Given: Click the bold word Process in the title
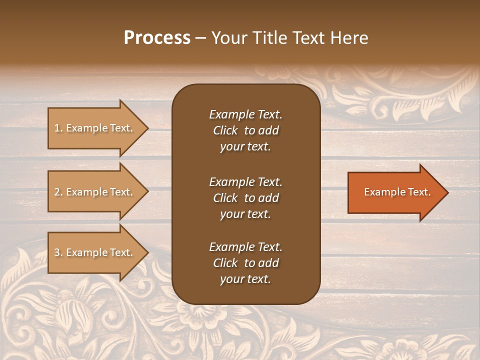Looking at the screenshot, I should coord(157,38).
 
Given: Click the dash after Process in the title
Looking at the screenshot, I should coord(200,38).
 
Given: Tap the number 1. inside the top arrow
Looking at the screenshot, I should coord(58,128).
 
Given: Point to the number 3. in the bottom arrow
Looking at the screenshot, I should coord(58,253).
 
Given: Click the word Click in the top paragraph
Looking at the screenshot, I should coord(225,130).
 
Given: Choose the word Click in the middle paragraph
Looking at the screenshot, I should coord(225,198).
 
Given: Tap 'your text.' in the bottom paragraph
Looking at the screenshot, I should coord(245,279).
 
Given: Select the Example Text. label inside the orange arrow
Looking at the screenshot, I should coord(397,192).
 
